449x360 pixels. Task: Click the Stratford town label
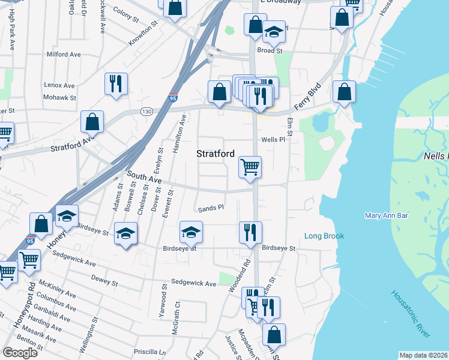[215, 154]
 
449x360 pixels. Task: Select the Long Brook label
[324, 236]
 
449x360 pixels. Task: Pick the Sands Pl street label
[211, 208]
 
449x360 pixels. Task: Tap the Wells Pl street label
[272, 140]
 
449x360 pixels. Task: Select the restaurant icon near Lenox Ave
[115, 83]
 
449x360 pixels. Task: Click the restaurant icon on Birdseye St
[250, 232]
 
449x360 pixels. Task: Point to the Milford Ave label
[64, 54]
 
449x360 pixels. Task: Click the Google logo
[20, 352]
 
